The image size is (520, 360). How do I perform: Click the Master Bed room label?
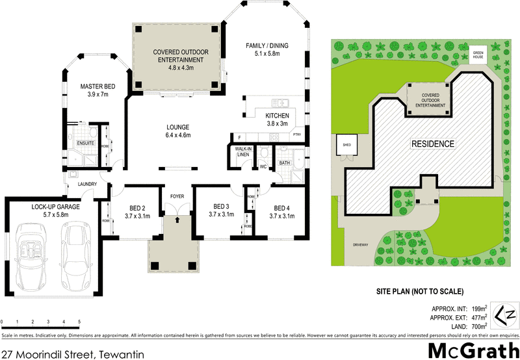pyautogui.click(x=97, y=90)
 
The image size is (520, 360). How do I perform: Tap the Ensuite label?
pyautogui.click(x=85, y=143)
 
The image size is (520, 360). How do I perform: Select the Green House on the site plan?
pyautogui.click(x=479, y=56)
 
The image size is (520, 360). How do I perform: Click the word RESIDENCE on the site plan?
pyautogui.click(x=432, y=143)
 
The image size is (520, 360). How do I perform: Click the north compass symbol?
pyautogui.click(x=506, y=316)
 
